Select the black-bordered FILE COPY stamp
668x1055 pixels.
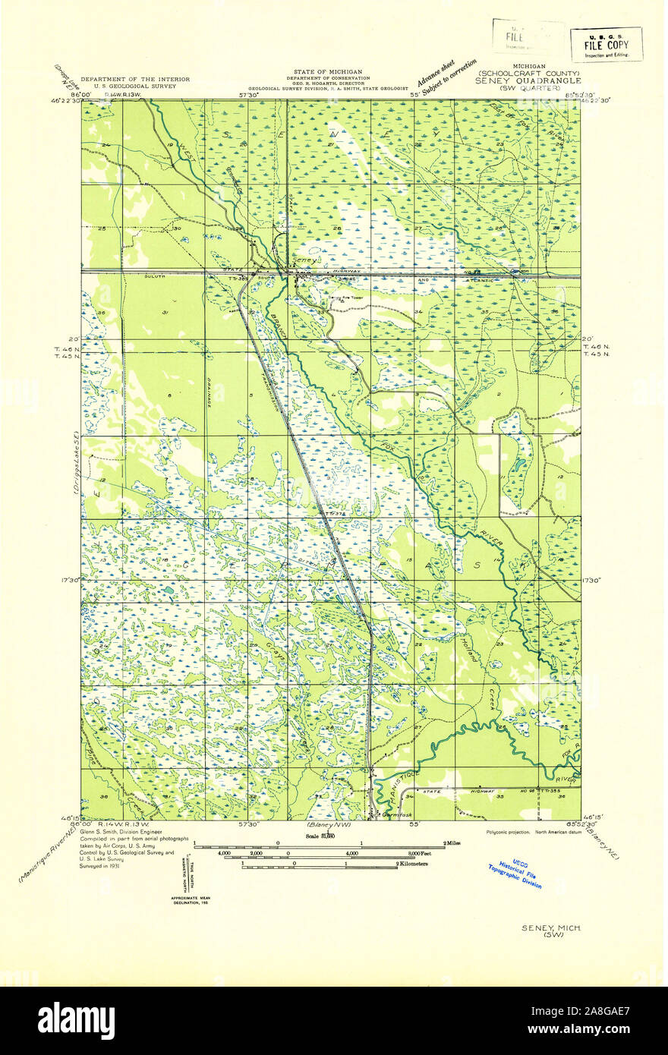tap(606, 45)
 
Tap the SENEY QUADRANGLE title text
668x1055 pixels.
tap(528, 80)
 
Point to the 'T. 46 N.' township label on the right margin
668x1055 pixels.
tap(595, 347)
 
